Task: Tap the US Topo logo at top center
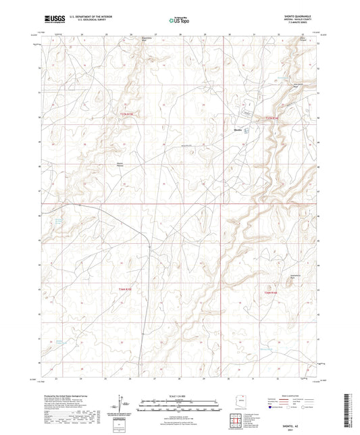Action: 179,20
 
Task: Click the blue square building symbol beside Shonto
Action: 246,130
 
